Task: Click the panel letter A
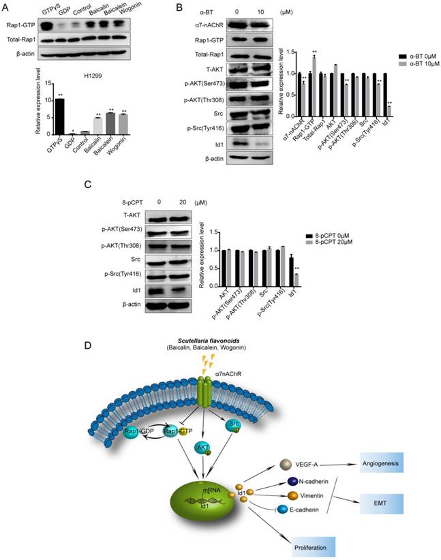click(x=7, y=8)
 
